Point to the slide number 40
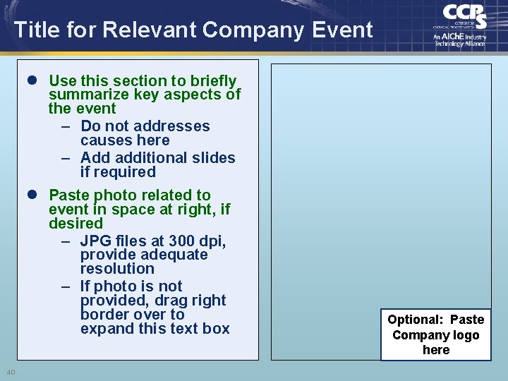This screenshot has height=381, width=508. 11,373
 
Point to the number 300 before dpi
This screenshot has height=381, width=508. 183,241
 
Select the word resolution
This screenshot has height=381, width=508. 117,269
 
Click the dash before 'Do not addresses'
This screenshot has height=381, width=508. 65,126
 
